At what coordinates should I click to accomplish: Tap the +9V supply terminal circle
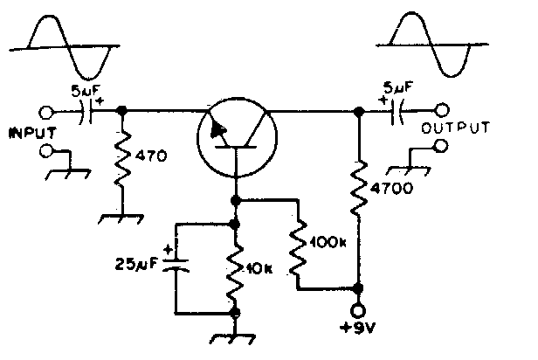click(356, 311)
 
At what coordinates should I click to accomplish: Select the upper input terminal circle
click(47, 111)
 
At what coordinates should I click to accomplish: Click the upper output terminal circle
click(443, 111)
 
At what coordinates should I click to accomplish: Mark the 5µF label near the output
click(398, 87)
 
